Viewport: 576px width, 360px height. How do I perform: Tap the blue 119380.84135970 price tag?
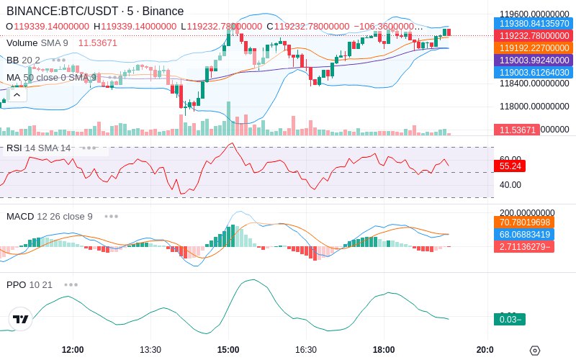point(534,23)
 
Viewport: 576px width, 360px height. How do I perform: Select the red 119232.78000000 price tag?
point(534,35)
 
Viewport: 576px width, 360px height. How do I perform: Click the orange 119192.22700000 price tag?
point(534,48)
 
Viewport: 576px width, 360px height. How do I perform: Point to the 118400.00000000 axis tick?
point(534,83)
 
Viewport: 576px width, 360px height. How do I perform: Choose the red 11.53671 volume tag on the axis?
point(515,130)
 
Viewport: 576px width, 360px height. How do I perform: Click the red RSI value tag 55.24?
point(509,166)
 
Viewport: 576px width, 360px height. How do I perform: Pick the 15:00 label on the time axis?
point(228,350)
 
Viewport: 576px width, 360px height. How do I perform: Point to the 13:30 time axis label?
point(150,350)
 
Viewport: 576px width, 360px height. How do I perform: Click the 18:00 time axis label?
point(383,350)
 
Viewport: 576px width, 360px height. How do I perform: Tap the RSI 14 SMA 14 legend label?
point(39,148)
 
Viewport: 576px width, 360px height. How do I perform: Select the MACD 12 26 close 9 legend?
point(50,216)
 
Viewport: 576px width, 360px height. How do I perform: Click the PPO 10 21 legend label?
point(30,284)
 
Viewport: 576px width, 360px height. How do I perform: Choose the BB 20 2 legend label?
point(23,60)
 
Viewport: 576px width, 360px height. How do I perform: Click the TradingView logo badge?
point(20,318)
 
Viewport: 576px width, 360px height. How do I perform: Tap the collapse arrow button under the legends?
point(16,94)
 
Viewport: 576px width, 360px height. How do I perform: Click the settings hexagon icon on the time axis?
point(534,351)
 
